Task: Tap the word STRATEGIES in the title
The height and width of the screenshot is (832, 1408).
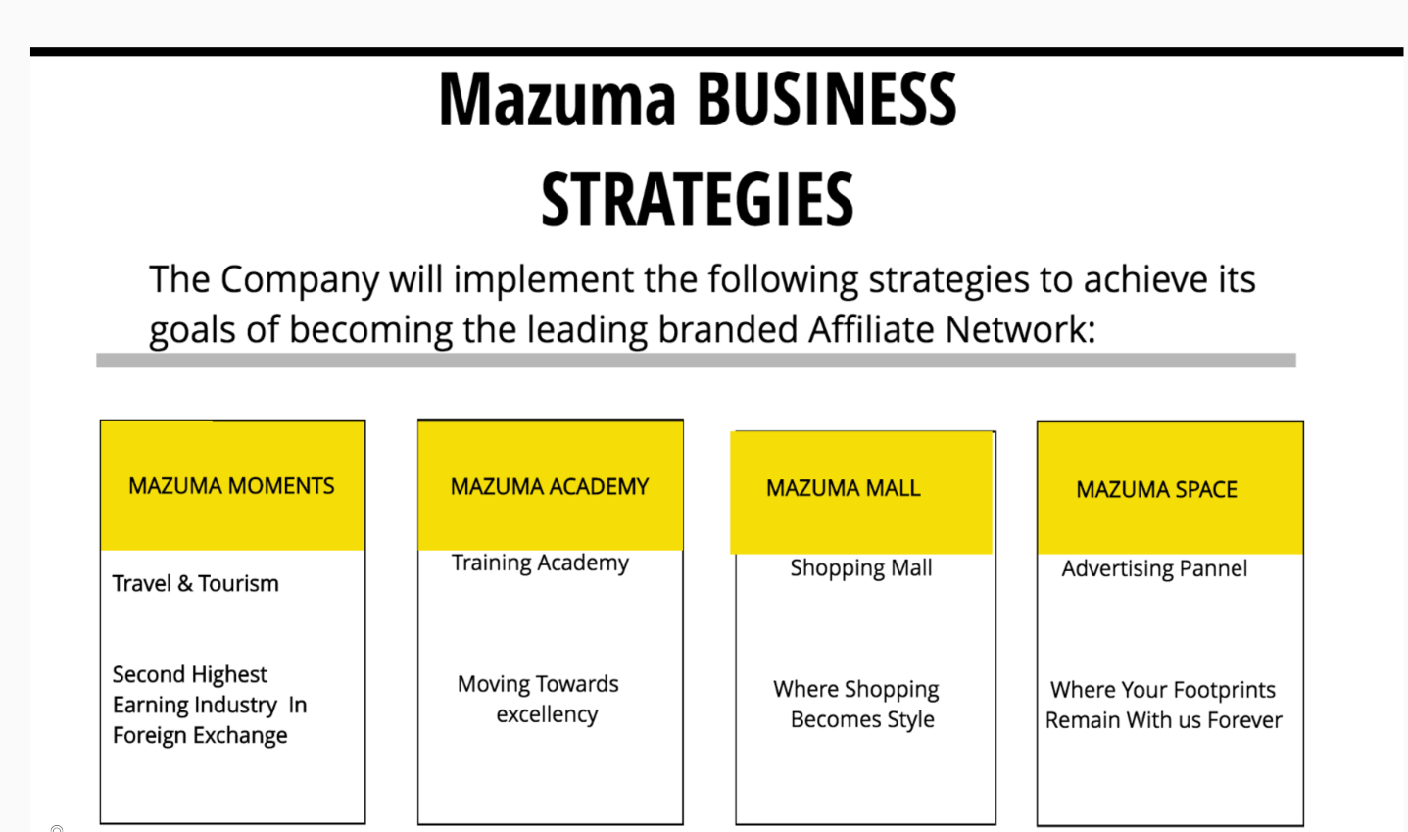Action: (x=697, y=200)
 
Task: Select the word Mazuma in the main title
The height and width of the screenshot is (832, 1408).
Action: (x=557, y=100)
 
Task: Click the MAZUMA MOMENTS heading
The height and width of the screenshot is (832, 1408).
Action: (x=231, y=486)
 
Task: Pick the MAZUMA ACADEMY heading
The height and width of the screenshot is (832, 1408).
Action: (x=550, y=487)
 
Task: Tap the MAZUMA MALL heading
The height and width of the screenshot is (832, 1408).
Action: (x=843, y=488)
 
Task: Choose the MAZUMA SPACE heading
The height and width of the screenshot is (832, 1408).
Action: (x=1156, y=489)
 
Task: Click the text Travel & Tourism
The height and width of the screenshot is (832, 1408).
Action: (x=195, y=584)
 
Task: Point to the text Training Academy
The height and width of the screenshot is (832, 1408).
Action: (x=540, y=563)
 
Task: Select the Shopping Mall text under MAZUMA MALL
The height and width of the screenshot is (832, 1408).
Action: (x=861, y=568)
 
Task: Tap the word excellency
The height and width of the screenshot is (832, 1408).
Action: (x=547, y=714)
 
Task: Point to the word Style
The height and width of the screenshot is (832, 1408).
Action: (x=910, y=720)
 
